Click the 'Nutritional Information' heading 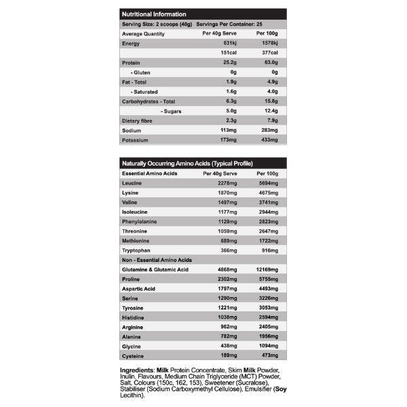[153, 14]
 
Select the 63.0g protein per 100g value [269, 62]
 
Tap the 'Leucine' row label [132, 183]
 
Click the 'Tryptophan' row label [137, 250]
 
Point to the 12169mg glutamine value [265, 269]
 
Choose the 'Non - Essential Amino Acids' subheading [157, 260]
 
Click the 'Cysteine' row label [134, 354]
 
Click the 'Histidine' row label [134, 317]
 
